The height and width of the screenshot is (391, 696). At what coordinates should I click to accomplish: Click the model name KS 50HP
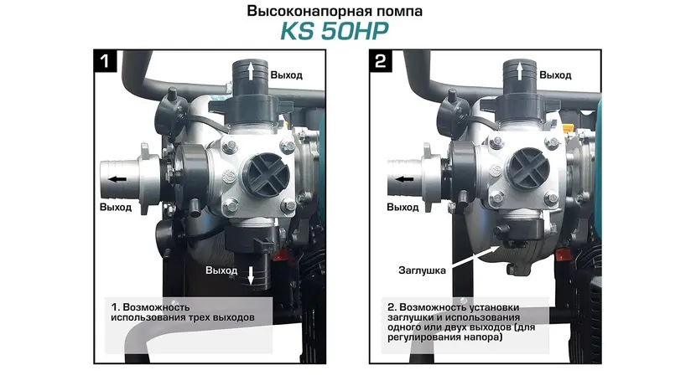tap(335, 31)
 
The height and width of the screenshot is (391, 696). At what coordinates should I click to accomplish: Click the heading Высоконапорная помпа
tap(335, 11)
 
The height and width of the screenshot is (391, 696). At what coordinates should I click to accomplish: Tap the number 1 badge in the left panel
tap(105, 61)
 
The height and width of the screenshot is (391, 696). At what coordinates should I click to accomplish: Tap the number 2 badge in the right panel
tap(381, 61)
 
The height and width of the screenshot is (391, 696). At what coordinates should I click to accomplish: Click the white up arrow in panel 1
tap(251, 71)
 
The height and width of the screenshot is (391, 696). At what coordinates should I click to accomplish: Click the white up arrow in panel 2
tap(520, 71)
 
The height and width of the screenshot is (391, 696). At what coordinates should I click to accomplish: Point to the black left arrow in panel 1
tap(117, 179)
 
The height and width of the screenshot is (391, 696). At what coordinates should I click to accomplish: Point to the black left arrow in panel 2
tap(404, 179)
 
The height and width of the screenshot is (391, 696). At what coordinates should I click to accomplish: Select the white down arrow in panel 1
tap(251, 275)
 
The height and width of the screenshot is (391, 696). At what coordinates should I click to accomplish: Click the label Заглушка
tap(422, 270)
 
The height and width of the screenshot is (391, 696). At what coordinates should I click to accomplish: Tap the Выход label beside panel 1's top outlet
tap(287, 75)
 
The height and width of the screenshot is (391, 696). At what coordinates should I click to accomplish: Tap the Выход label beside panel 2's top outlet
tap(555, 75)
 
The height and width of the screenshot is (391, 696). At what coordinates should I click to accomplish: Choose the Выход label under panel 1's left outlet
tap(116, 207)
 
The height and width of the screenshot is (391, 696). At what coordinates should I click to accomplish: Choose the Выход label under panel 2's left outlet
tap(403, 207)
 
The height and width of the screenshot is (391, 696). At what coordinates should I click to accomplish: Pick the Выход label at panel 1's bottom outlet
tap(221, 270)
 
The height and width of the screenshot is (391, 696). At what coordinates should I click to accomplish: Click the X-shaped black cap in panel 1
tap(267, 174)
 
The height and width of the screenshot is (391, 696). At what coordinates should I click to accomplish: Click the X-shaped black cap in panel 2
tap(528, 168)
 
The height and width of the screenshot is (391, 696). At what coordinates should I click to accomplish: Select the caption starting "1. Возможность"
tap(183, 312)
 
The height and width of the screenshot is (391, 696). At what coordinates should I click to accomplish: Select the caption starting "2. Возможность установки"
tap(461, 322)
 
